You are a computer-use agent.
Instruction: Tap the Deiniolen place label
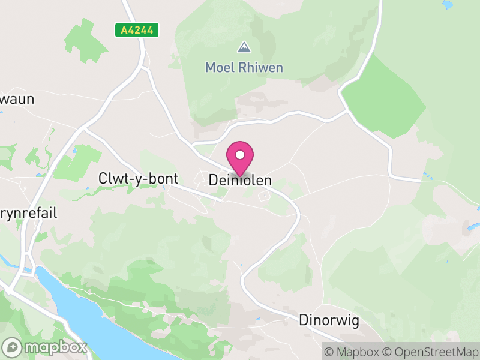(x=240, y=180)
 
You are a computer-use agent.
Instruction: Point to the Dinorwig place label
(x=329, y=320)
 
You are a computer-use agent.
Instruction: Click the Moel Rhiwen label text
(x=244, y=67)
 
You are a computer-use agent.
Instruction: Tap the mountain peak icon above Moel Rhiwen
(x=244, y=47)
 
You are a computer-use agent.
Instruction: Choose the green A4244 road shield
(x=137, y=30)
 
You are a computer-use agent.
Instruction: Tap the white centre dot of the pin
(x=240, y=155)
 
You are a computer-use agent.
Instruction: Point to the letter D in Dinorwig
(x=304, y=320)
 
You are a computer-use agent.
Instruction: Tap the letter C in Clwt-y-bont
(x=102, y=178)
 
